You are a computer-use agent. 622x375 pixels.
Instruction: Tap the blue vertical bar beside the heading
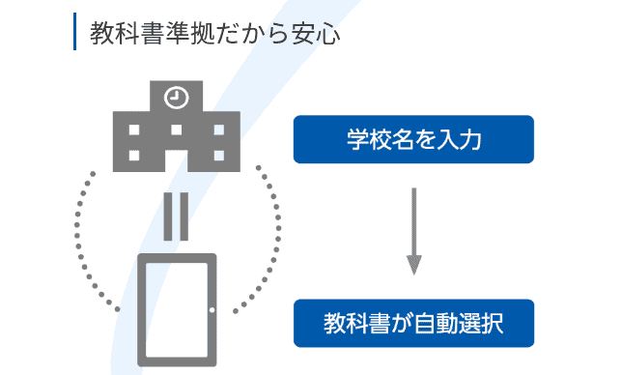[x=75, y=31]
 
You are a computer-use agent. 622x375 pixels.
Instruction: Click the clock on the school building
[x=176, y=97]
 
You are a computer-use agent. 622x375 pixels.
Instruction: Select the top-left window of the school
[x=134, y=130]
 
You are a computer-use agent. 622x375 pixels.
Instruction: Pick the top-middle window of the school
[x=176, y=130]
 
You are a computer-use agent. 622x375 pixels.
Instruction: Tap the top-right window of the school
[x=217, y=130]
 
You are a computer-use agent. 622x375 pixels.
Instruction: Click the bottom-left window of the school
[x=134, y=155]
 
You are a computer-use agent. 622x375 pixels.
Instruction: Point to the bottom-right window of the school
[x=217, y=155]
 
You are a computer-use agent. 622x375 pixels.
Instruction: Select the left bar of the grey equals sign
[x=167, y=216]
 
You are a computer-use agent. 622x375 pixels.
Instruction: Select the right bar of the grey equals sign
[x=184, y=216]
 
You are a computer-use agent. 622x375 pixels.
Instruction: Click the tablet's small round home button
[x=212, y=310]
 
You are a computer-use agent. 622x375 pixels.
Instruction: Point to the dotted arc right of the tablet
[x=273, y=232]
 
